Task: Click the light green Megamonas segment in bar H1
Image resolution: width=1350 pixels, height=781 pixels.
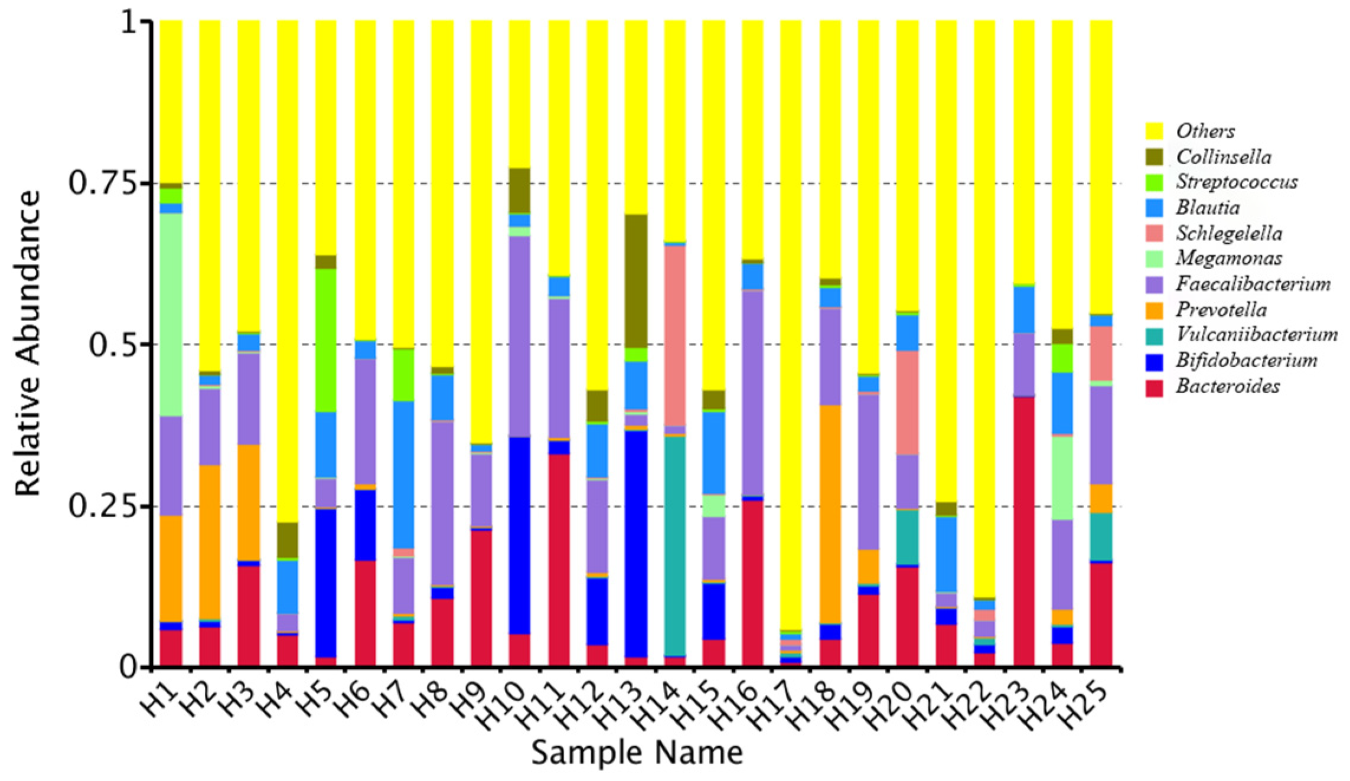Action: coord(171,314)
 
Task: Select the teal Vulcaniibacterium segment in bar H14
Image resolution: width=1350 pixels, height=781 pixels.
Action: coord(675,545)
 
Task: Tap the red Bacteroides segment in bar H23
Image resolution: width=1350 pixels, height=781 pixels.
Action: coord(1024,531)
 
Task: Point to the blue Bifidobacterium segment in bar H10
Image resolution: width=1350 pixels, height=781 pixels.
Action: coord(520,535)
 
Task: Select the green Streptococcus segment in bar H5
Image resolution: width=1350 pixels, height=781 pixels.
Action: coord(326,340)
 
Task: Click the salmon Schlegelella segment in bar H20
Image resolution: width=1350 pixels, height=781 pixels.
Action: coord(908,403)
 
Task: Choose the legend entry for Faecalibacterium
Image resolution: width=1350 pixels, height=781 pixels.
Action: coord(1252,285)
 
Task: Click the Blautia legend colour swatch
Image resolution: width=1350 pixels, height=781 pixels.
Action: coord(1154,208)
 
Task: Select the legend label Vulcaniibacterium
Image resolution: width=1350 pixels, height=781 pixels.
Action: coord(1256,335)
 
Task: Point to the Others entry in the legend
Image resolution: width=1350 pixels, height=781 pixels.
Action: coord(1205,131)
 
